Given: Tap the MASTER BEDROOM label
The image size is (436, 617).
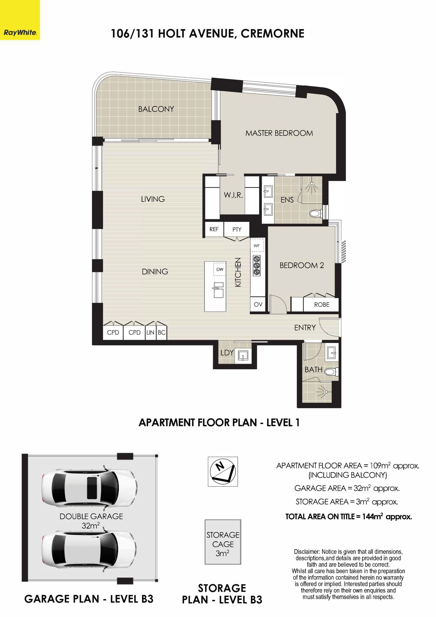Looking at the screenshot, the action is tap(279, 133).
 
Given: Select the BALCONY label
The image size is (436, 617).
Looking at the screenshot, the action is tap(156, 109).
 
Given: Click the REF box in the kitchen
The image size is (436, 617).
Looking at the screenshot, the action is tap(214, 229).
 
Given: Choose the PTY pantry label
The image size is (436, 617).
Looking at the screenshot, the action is tap(237, 230).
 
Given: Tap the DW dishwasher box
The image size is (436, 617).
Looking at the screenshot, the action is tap(220, 269).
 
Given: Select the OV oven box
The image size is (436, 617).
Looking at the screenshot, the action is tap(258, 305).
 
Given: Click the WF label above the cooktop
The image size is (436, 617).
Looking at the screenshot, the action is tap(257, 246).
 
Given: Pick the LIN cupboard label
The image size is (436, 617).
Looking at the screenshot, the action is tap(150, 332).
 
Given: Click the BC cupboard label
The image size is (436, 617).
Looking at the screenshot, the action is tap(162, 332).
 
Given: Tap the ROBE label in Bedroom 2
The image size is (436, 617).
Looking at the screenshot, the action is tap(322, 305).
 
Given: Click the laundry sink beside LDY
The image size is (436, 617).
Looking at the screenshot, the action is tap(243, 356).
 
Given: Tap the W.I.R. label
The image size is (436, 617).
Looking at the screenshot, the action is tap(233, 195).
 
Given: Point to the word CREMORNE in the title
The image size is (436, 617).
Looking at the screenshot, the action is tap(272, 34).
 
